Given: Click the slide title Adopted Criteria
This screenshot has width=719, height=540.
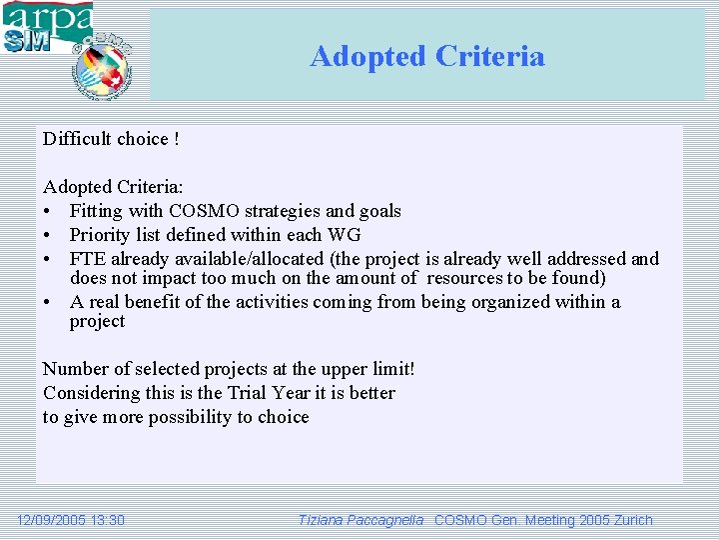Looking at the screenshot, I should click(427, 56).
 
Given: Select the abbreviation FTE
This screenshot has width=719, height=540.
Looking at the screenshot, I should click(89, 259).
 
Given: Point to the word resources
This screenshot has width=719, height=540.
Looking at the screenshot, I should click(465, 278).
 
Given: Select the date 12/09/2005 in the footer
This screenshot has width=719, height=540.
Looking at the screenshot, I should click(51, 520).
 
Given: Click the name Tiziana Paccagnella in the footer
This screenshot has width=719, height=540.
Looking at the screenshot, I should click(360, 520).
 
